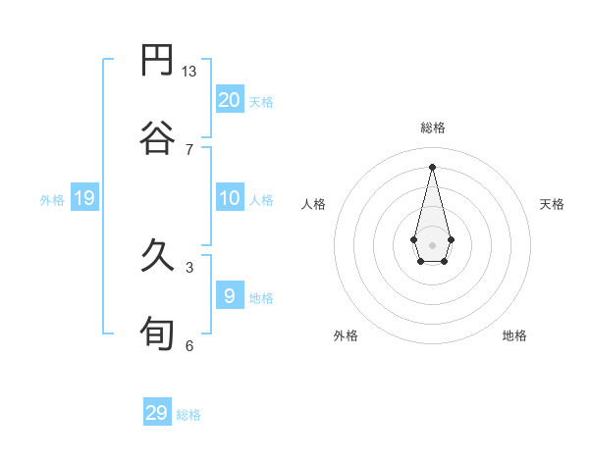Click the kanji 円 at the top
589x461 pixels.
(157, 61)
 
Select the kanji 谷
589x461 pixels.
(157, 138)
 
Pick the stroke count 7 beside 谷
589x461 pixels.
(188, 149)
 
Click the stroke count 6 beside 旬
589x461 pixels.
(188, 345)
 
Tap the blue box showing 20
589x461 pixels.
(229, 100)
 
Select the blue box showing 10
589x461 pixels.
(229, 199)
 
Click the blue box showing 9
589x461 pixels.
(229, 296)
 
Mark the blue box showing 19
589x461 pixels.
(83, 199)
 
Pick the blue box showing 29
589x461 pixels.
(157, 413)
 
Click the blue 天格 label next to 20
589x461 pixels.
(261, 102)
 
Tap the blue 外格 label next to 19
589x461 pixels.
(52, 200)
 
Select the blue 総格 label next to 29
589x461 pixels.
(189, 415)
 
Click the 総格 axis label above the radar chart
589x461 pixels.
(432, 128)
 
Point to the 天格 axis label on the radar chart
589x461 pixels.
(552, 204)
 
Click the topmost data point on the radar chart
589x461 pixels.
(432, 166)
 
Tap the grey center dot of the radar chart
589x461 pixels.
(432, 243)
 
